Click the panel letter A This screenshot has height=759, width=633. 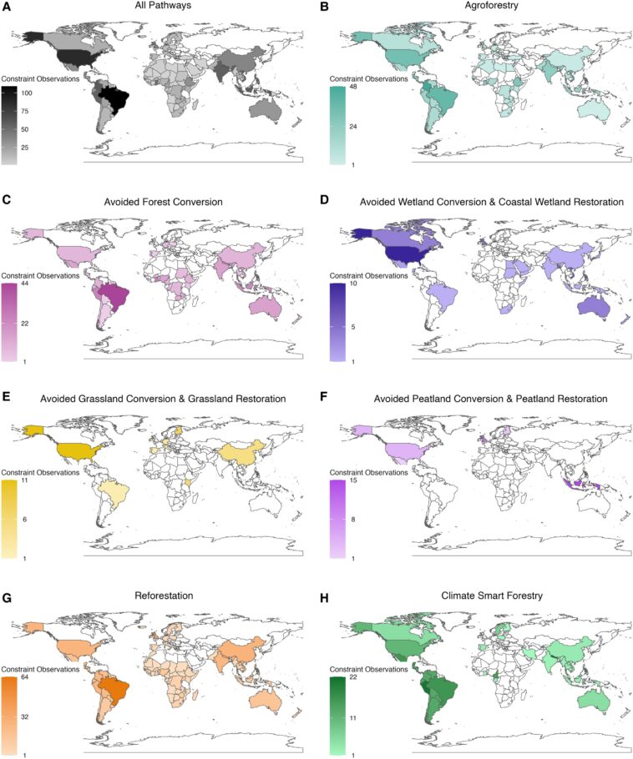[6, 7]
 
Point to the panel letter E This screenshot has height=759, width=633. [6, 399]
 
